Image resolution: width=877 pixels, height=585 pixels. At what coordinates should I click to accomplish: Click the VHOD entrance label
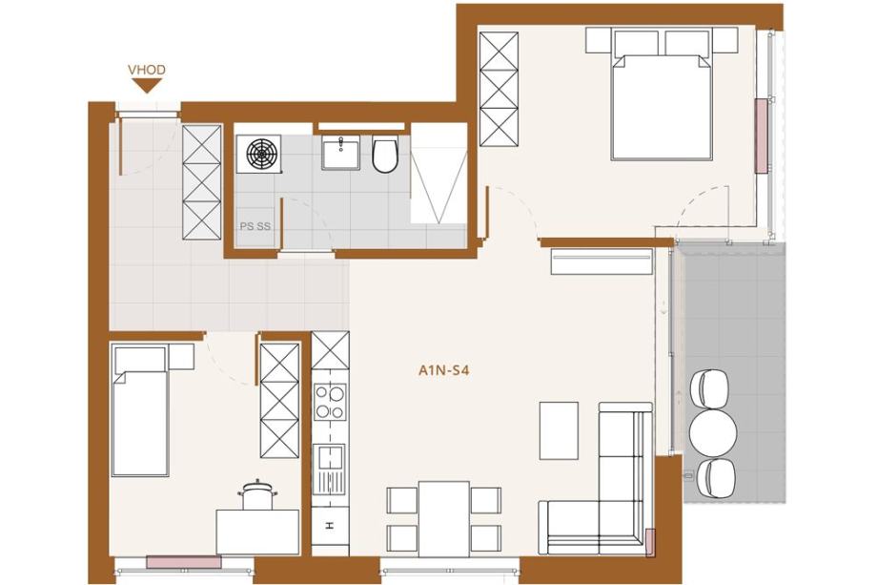[x=147, y=70]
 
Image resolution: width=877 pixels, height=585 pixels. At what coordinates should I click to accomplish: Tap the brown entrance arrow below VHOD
[x=147, y=86]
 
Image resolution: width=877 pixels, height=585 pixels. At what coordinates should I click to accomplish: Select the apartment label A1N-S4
[x=443, y=370]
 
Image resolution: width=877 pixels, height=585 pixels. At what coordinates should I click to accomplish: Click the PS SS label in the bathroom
[x=255, y=226]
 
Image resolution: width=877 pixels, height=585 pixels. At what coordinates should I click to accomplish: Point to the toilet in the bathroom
[x=385, y=154]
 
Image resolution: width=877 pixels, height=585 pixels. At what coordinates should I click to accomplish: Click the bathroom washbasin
[x=339, y=153]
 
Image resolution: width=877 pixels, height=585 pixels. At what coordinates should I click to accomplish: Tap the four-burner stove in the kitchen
[x=330, y=402]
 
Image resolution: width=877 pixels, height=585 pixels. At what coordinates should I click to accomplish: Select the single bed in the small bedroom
[x=140, y=411]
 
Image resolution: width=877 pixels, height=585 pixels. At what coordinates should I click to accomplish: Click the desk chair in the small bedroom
[x=257, y=496]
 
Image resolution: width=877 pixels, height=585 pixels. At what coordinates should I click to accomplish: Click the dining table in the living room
[x=444, y=519]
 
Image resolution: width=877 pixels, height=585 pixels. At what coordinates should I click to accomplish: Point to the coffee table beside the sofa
[x=559, y=430]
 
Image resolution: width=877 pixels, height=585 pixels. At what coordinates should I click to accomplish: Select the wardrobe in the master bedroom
[x=499, y=89]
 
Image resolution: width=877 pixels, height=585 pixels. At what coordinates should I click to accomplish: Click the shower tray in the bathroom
[x=438, y=174]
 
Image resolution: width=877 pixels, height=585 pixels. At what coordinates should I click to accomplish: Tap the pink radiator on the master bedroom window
[x=761, y=136]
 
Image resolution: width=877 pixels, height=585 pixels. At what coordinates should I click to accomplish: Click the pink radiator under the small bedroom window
[x=183, y=562]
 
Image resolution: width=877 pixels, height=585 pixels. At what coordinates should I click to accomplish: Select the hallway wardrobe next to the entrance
[x=202, y=182]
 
